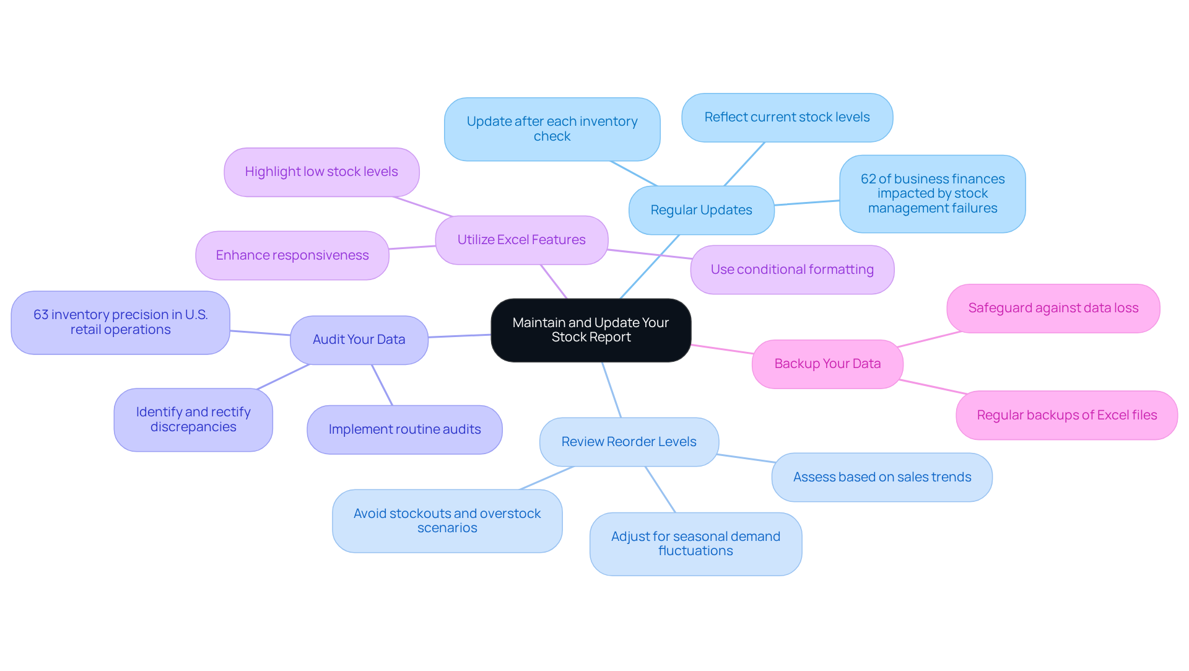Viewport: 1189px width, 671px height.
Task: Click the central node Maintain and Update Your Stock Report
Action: [x=591, y=330]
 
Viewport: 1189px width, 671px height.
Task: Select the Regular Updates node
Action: [x=701, y=210]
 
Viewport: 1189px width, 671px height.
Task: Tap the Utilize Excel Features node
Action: [x=521, y=240]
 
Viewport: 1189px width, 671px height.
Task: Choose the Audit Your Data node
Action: [x=359, y=340]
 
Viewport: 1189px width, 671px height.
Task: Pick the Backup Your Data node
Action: [x=827, y=364]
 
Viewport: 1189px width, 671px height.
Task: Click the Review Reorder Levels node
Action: [x=629, y=442]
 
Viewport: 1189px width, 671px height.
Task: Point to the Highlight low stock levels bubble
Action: [x=321, y=172]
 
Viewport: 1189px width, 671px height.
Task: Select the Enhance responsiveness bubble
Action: [x=292, y=255]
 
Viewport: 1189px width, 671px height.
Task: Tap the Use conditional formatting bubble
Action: [x=792, y=270]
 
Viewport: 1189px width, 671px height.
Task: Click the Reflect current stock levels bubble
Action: [x=787, y=117]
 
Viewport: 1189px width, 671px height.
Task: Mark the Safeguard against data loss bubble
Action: [x=1053, y=308]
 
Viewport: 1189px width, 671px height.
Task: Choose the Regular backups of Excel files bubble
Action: [x=1066, y=415]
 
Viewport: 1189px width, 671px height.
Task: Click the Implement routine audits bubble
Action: [x=404, y=429]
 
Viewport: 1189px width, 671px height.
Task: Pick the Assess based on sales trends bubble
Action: [x=882, y=477]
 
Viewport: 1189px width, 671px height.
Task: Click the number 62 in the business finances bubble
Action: [x=868, y=179]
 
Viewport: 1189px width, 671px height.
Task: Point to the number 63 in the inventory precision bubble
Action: [x=41, y=315]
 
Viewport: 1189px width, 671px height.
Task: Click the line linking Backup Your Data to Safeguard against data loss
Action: [x=929, y=339]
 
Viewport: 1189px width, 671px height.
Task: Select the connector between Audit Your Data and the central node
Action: [x=459, y=336]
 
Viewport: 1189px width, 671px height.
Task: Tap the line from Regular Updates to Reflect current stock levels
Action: [x=744, y=164]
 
